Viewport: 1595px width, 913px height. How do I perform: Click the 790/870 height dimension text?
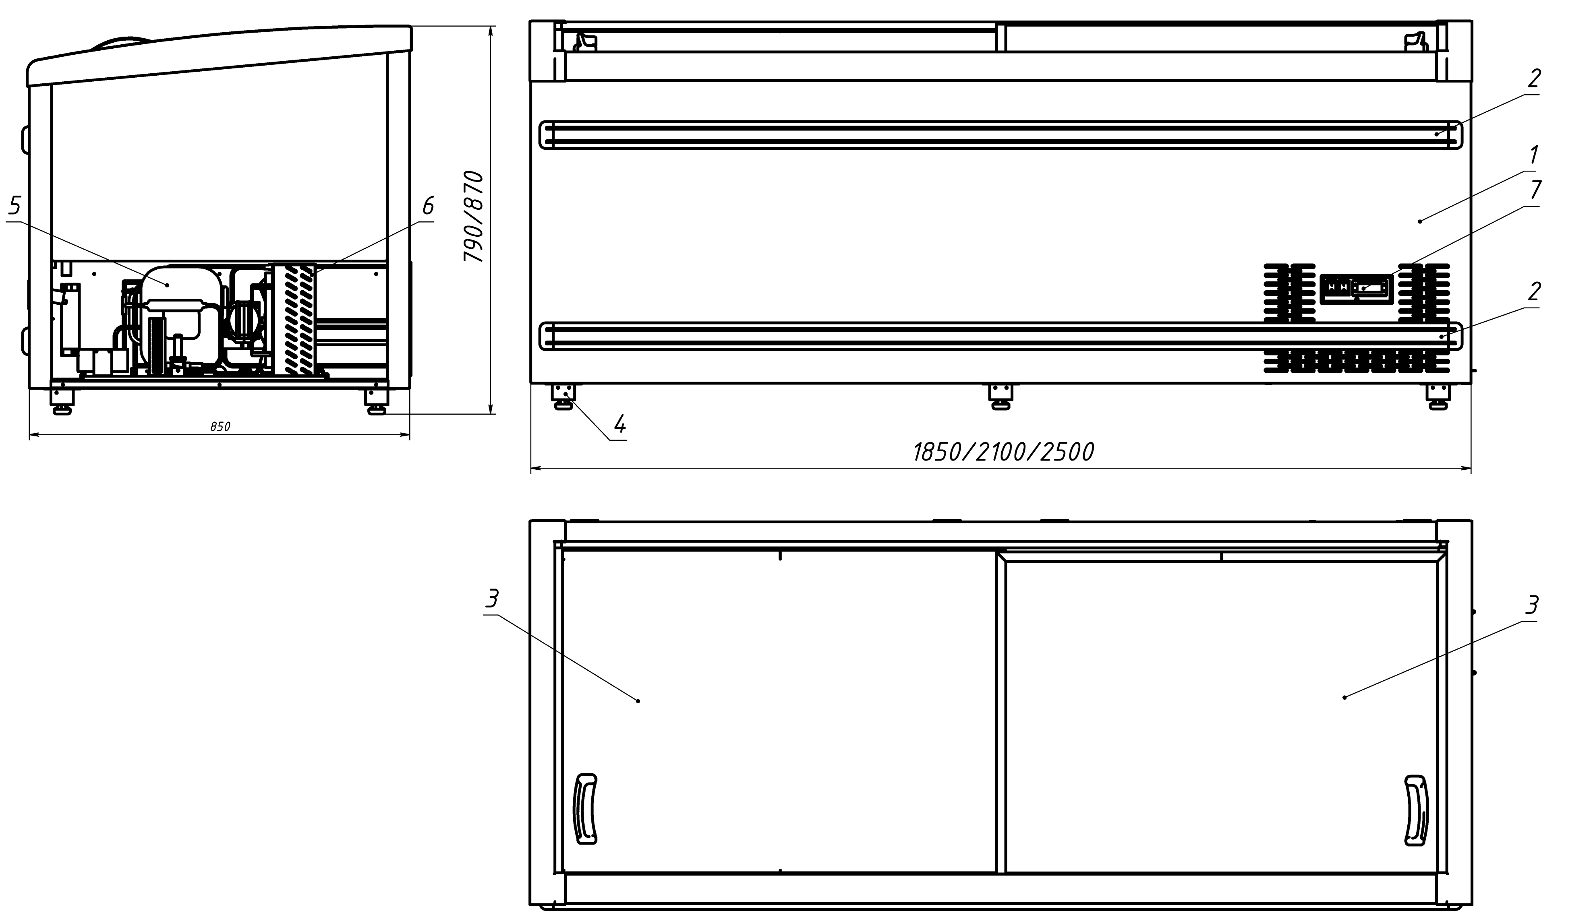(474, 216)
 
